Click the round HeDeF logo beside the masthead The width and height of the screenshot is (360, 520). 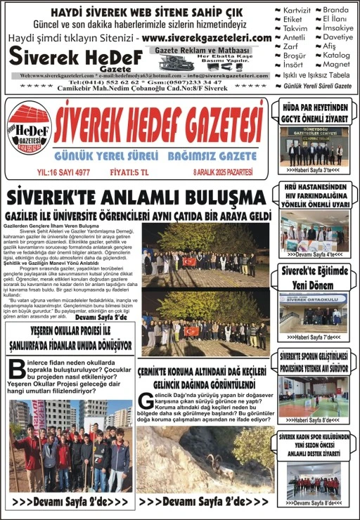[29, 129]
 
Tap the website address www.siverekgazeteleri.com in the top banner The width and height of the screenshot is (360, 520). [207, 38]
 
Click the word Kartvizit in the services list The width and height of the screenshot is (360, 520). [296, 11]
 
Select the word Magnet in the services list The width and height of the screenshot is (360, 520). [337, 64]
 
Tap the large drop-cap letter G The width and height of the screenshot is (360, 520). [145, 400]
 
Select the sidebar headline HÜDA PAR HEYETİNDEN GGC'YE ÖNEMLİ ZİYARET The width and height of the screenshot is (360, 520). [314, 112]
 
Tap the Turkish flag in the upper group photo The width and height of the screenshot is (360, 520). [189, 261]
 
